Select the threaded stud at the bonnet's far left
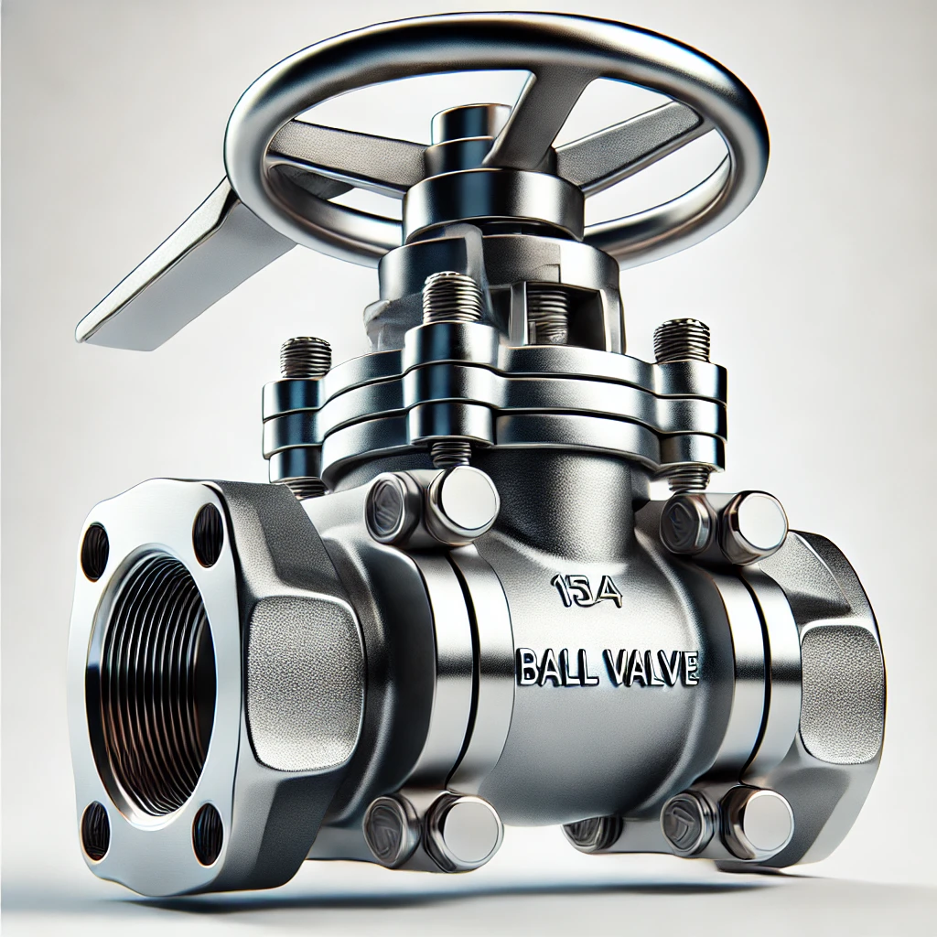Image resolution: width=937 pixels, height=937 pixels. [306, 357]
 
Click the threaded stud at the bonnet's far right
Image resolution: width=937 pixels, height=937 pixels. [682, 340]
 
